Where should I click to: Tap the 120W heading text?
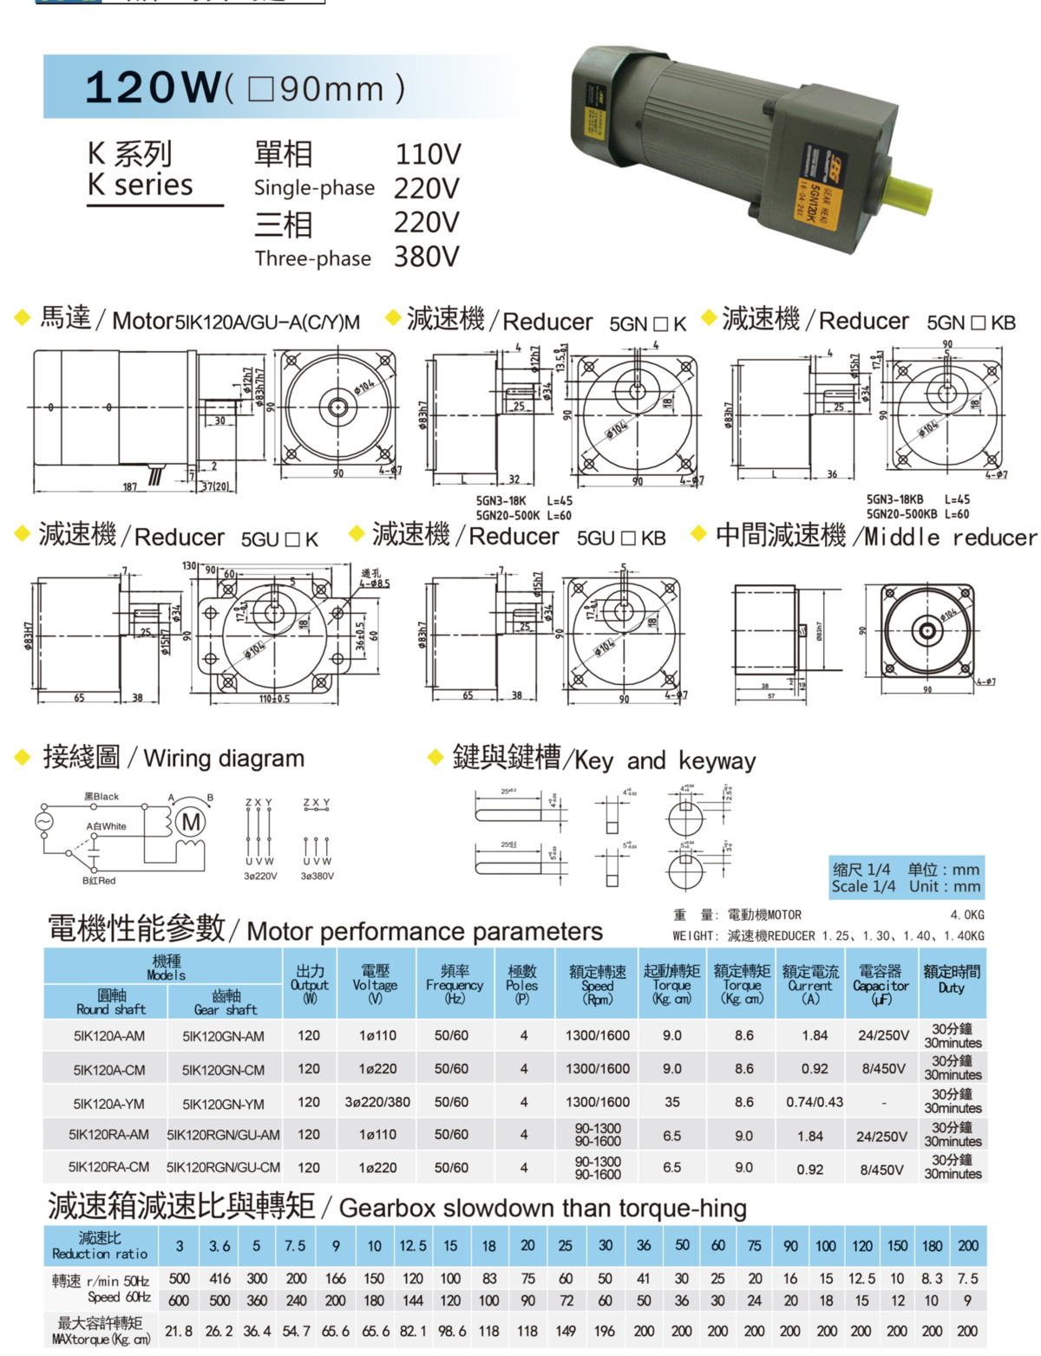click(154, 88)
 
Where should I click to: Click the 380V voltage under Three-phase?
click(426, 257)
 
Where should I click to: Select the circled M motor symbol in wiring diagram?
click(191, 821)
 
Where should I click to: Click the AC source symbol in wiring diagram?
click(43, 820)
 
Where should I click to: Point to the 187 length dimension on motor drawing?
click(129, 486)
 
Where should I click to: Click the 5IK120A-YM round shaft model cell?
click(109, 1104)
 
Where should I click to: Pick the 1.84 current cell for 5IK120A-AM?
click(815, 1035)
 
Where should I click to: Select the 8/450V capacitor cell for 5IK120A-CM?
click(883, 1069)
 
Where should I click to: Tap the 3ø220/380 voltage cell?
click(377, 1102)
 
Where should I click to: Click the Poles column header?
click(522, 984)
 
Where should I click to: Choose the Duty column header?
click(952, 979)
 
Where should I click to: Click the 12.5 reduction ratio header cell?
click(413, 1246)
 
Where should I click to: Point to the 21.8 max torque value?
click(179, 1331)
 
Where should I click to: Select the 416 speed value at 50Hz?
click(220, 1279)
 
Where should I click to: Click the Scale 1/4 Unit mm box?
click(906, 877)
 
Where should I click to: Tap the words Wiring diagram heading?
click(224, 759)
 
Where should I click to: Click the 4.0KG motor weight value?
click(966, 915)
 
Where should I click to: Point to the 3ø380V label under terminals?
click(318, 876)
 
